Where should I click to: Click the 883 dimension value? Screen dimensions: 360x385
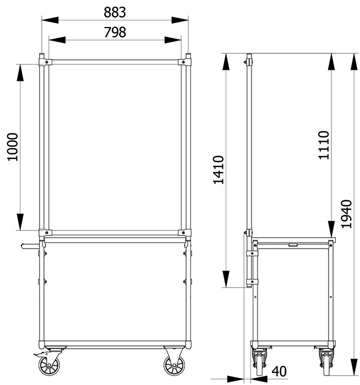coord(114,12)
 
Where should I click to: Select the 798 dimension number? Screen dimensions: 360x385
coord(115,32)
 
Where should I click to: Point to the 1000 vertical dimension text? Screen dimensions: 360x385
coord(13,147)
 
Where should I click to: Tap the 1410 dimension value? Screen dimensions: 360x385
coord(219,169)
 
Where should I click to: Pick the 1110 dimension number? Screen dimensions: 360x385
coord(324,145)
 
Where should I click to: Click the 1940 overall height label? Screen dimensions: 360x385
coord(347,214)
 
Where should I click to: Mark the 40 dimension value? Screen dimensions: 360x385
coord(279,371)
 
